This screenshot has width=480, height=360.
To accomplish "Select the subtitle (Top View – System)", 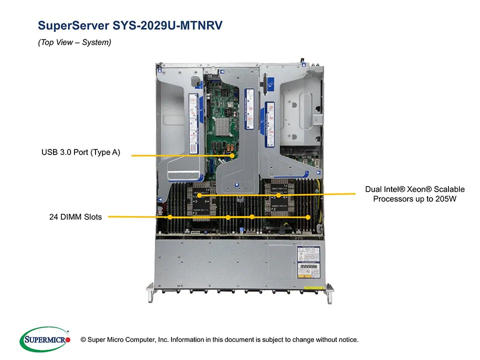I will click(74, 43).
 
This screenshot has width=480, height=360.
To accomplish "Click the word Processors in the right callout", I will click(391, 199).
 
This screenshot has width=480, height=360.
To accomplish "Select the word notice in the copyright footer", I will click(346, 340).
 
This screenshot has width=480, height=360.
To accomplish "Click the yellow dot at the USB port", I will click(232, 155).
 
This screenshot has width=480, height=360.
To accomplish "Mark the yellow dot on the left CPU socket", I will click(199, 195).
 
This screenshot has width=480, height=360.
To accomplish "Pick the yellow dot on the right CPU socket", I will click(278, 195).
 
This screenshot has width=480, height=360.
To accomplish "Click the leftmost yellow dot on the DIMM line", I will click(170, 217).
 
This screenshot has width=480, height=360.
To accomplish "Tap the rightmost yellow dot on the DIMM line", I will click(308, 217).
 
